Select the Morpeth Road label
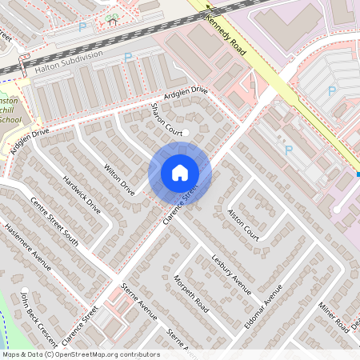(191, 294)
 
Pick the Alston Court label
(243, 222)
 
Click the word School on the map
(10, 119)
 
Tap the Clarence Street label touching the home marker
(180, 205)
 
